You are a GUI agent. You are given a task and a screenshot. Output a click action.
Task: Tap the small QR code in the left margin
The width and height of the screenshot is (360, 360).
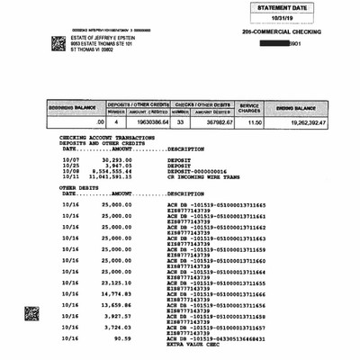tap(31, 314)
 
